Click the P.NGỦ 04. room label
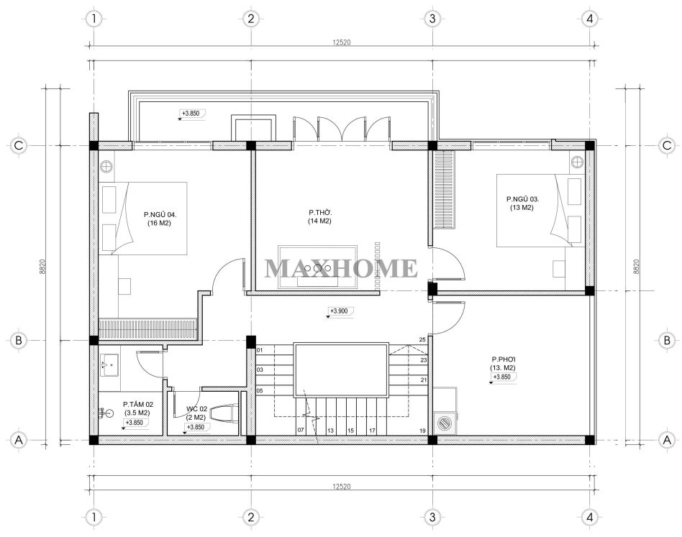point(160,214)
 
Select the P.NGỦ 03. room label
point(522,199)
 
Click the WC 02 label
point(196,409)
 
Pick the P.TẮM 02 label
point(137,404)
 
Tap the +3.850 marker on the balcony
point(191,114)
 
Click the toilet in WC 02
point(224,412)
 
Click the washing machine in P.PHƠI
point(445,423)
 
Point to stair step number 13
point(330,431)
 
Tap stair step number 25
point(422,340)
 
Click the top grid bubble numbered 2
point(250,19)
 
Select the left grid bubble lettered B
point(19,340)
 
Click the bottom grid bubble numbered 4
point(590,517)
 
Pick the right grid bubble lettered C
point(667,145)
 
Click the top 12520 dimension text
point(342,42)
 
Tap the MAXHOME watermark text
point(341,268)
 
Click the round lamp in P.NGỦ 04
point(106,166)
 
